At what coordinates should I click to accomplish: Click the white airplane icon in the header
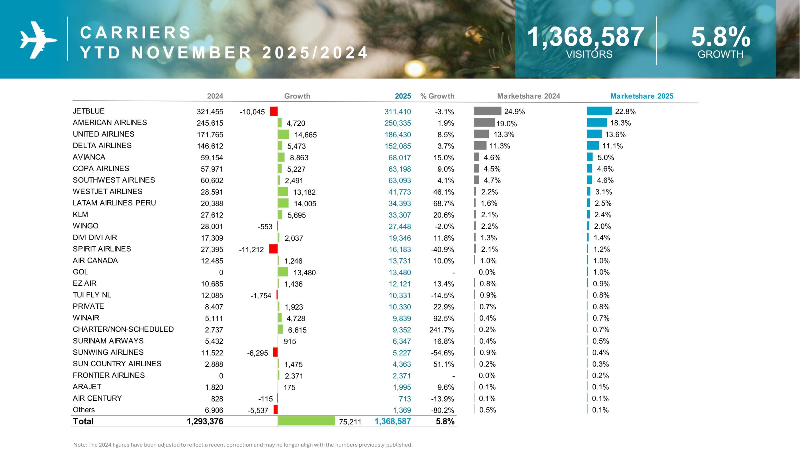38,40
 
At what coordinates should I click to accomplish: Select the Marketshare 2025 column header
642,96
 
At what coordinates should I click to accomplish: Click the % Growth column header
437,96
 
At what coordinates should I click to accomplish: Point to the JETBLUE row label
88,111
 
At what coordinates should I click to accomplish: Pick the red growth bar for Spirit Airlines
273,249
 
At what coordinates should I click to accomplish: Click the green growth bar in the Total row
306,421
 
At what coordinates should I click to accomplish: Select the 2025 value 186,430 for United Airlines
397,135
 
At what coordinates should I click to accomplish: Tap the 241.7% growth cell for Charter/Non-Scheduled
442,330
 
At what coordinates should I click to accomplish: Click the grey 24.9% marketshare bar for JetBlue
487,111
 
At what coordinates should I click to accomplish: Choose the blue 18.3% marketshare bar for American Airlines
597,122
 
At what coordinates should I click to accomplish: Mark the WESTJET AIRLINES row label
107,191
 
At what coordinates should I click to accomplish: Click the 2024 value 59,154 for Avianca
212,157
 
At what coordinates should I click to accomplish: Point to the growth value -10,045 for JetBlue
252,112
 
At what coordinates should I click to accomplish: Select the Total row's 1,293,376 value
205,421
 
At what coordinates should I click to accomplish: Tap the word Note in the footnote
80,445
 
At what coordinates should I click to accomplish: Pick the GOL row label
80,272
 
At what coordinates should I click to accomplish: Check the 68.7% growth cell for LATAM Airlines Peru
443,203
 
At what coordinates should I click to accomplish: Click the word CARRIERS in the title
135,32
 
